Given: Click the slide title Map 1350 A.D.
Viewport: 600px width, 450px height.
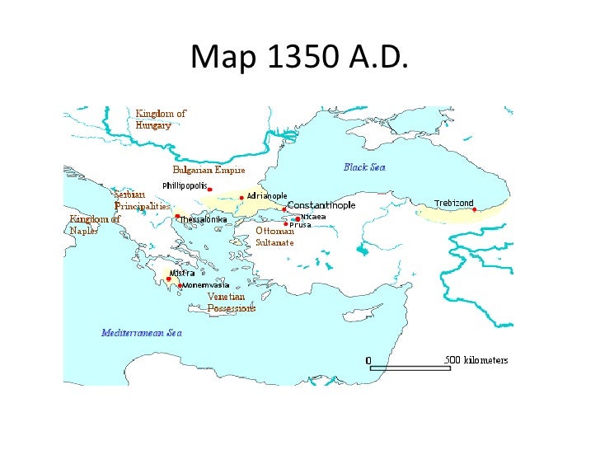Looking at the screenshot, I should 299,57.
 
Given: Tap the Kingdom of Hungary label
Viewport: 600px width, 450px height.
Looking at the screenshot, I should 161,120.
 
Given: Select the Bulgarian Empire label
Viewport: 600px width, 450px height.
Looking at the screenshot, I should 209,170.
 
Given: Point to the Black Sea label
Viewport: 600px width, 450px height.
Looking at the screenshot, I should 364,167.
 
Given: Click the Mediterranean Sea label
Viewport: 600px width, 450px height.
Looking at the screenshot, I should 141,333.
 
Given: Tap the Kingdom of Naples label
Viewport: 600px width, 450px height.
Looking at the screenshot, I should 95,225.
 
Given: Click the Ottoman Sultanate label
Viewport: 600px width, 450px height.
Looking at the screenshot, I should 274,237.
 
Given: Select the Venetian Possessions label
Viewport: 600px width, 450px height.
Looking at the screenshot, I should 231,302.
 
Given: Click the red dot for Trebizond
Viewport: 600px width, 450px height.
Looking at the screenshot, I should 475,209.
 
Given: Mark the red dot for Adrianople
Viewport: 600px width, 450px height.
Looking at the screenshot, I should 241,198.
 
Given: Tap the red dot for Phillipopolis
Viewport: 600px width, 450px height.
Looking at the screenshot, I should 210,190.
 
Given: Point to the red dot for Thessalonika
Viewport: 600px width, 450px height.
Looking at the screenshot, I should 177,216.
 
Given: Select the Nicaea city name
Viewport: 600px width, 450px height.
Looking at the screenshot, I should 313,216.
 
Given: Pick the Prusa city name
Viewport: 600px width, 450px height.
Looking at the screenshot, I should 300,224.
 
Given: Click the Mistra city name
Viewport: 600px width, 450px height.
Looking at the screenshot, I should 181,274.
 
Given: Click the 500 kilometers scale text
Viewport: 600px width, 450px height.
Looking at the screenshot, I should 476,360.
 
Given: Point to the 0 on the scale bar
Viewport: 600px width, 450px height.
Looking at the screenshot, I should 368,360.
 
